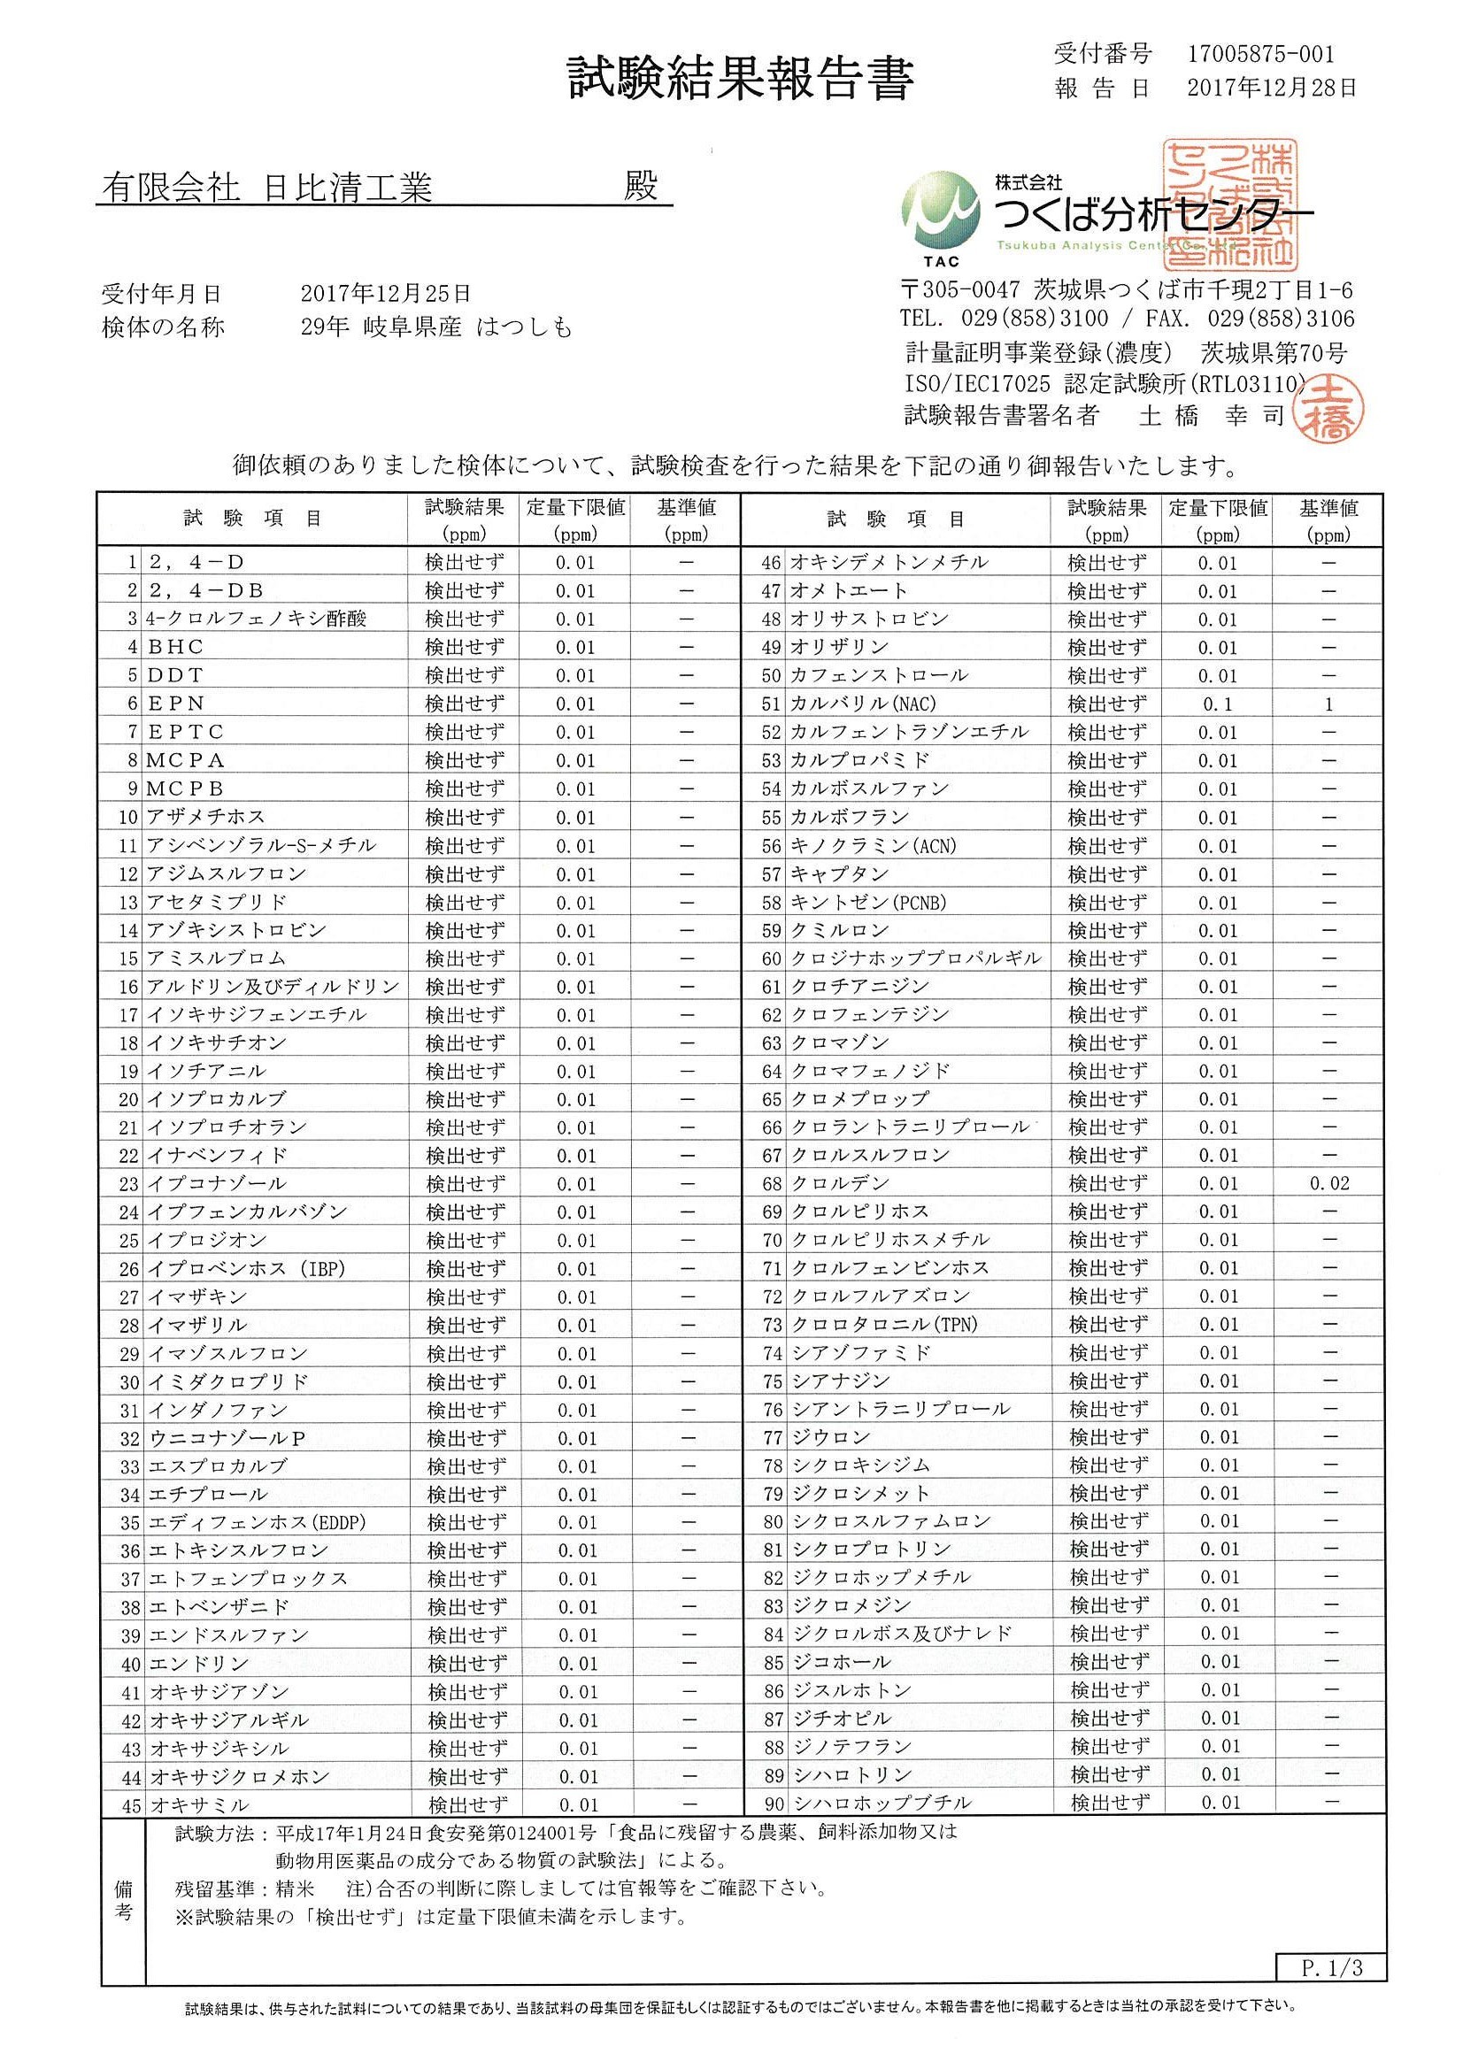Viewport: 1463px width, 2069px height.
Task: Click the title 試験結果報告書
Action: pos(740,80)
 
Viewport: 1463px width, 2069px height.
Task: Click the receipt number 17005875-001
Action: pos(1260,55)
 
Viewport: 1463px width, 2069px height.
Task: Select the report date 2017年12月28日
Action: pos(1271,88)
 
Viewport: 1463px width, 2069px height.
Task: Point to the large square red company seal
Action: pos(1229,205)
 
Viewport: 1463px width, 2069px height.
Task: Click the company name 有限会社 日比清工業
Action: pos(266,188)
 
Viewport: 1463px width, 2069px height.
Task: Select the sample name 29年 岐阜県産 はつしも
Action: pos(436,327)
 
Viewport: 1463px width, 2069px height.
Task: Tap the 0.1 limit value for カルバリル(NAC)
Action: pos(1217,704)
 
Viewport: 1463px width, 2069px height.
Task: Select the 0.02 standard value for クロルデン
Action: pos(1328,1184)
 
